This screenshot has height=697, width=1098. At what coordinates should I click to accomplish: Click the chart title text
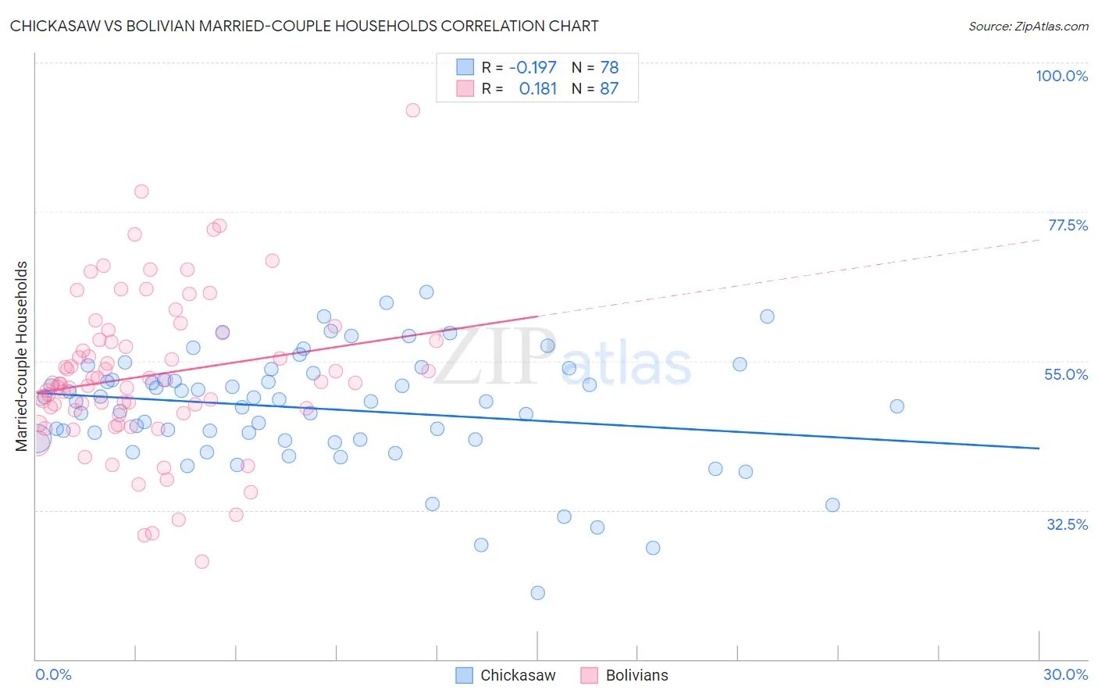coord(305,26)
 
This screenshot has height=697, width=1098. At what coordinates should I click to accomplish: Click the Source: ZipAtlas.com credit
coord(1028,26)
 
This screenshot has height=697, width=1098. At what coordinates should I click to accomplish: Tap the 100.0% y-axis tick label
coord(1061,76)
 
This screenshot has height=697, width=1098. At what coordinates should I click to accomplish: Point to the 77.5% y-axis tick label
coord(1068,225)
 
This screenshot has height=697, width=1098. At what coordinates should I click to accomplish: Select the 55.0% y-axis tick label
coord(1066,374)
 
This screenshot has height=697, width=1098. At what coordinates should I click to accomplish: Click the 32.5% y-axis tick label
coord(1067,524)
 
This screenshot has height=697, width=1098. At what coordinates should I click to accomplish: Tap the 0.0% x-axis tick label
coord(53,674)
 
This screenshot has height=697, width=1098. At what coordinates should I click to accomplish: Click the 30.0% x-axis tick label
coord(1065,674)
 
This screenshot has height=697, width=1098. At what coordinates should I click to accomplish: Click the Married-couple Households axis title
coord(22,356)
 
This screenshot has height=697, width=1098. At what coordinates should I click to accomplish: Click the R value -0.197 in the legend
coord(533,67)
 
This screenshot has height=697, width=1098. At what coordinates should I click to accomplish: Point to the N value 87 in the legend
coord(609,88)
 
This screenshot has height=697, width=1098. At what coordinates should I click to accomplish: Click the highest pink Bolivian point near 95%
coord(413,110)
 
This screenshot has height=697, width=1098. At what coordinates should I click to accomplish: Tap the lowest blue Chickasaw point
coord(537,593)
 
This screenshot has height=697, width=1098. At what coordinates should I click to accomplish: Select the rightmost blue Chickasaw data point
coord(897,406)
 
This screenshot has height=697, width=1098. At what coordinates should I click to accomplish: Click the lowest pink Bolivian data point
coord(201,562)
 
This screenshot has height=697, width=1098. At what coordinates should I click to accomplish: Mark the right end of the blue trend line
coord(1039,448)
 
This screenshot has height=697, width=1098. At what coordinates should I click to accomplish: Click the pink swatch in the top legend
coord(465,88)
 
